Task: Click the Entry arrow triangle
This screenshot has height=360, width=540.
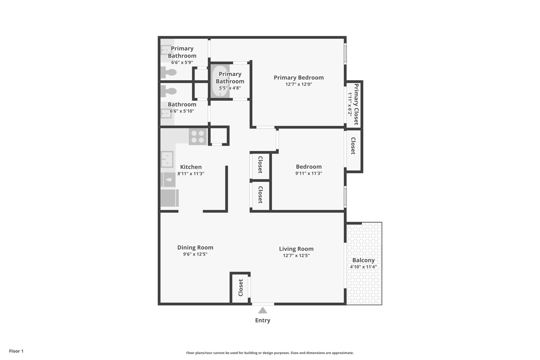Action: (x=262, y=310)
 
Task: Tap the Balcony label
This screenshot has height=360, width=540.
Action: (x=363, y=260)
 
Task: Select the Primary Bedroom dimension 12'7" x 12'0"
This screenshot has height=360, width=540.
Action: (x=299, y=84)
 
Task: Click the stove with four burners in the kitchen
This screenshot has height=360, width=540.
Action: (x=197, y=137)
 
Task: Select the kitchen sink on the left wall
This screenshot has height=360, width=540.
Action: (x=166, y=159)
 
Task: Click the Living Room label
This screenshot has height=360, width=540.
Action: (x=296, y=249)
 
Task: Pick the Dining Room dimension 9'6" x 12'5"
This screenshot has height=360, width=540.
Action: (x=195, y=254)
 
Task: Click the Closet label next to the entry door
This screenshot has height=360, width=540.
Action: (x=240, y=288)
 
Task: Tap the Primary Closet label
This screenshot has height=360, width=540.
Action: (x=356, y=104)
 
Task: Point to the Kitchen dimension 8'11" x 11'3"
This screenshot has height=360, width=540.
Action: (x=191, y=174)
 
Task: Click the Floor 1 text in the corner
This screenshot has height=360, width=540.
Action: (x=16, y=351)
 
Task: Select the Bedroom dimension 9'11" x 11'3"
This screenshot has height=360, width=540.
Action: (x=309, y=174)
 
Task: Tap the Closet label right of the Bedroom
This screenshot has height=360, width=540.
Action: (x=353, y=146)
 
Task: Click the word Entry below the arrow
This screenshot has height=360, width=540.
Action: (x=262, y=320)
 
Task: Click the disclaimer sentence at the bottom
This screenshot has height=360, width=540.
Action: (x=270, y=353)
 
